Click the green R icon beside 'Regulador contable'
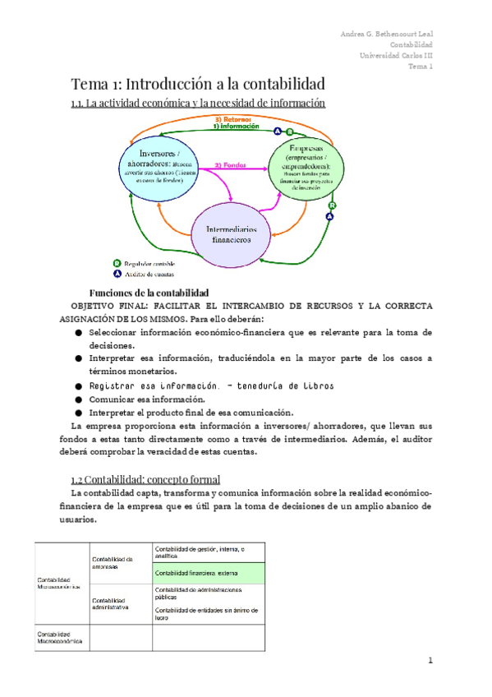pyautogui.click(x=117, y=263)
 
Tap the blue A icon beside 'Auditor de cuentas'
pyautogui.click(x=117, y=275)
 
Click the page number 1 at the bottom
pyautogui.click(x=429, y=660)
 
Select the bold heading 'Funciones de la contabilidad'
pyautogui.click(x=148, y=293)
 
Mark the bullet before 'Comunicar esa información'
pyautogui.click(x=78, y=399)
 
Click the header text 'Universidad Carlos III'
pyautogui.click(x=397, y=55)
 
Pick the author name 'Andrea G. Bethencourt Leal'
pyautogui.click(x=387, y=34)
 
